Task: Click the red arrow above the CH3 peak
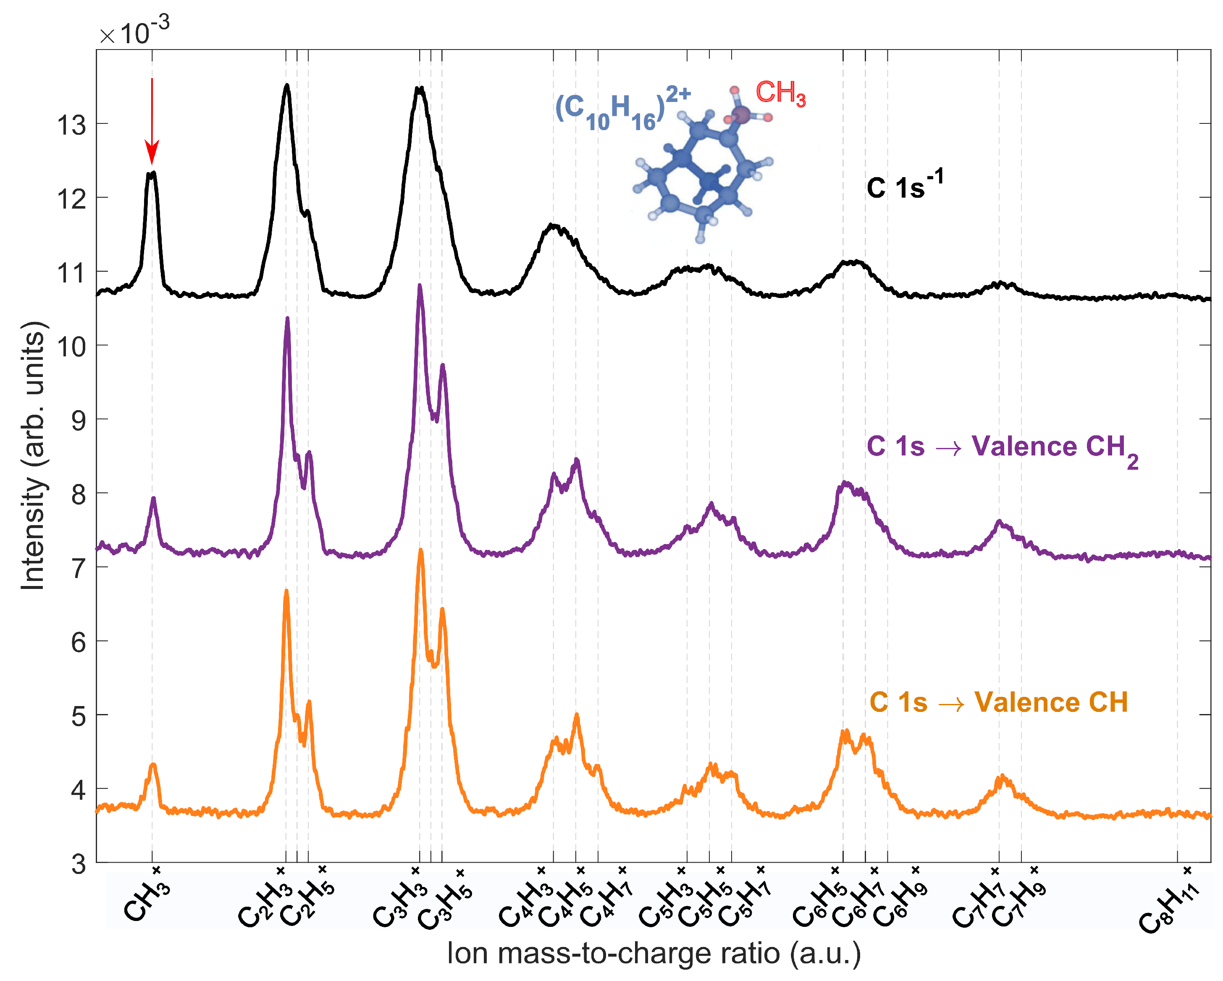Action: [x=152, y=122]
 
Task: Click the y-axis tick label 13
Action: [x=72, y=125]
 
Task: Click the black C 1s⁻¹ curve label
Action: [x=904, y=186]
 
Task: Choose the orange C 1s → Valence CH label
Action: [x=998, y=703]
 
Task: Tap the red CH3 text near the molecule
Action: [x=780, y=93]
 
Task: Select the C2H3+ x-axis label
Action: [x=265, y=900]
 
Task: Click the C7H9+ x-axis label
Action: [x=1019, y=900]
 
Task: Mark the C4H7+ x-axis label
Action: [x=606, y=900]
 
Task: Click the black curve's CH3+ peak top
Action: [x=152, y=173]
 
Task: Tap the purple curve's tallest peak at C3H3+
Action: [x=420, y=286]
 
